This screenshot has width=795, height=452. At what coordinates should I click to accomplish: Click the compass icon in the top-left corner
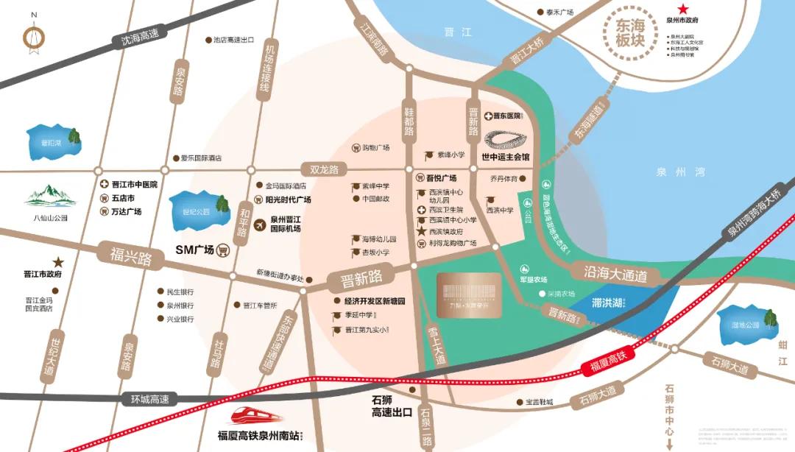(x=33, y=35)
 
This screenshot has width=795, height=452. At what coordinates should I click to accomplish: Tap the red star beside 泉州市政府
(x=683, y=10)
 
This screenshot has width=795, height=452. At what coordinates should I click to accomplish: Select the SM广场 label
(x=194, y=250)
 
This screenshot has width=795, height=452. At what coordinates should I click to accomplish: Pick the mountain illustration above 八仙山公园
(x=50, y=197)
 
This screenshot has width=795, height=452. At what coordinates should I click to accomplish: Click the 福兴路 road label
(x=130, y=258)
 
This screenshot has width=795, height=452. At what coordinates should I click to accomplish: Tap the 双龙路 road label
(x=324, y=169)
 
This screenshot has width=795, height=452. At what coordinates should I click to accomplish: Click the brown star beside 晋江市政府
(x=58, y=262)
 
